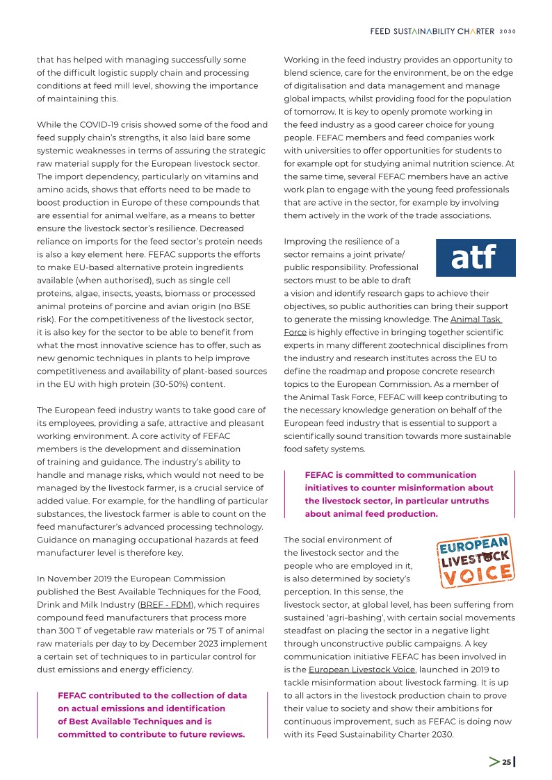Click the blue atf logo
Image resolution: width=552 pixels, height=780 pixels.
tap(474, 258)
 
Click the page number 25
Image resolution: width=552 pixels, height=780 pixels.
tap(507, 762)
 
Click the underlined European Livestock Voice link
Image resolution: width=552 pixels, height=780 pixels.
tap(362, 669)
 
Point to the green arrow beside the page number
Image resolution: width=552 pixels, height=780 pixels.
tap(494, 762)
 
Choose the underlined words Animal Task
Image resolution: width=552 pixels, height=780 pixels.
tap(476, 320)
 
